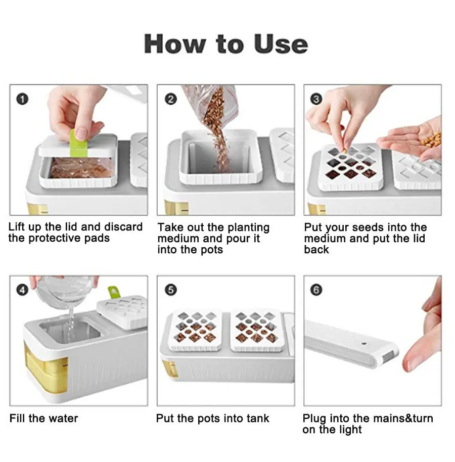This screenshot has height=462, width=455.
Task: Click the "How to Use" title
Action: click(x=226, y=44)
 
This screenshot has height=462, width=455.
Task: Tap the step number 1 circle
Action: click(x=22, y=99)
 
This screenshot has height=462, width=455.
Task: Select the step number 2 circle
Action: click(x=171, y=99)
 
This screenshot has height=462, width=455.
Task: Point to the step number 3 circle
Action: click(x=316, y=99)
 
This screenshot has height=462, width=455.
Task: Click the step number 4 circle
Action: click(x=22, y=290)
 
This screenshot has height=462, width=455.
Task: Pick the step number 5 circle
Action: click(x=171, y=290)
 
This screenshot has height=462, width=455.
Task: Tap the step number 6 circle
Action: click(x=316, y=290)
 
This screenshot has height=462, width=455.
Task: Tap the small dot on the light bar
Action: click(x=364, y=344)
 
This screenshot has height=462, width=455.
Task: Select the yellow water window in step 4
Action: click(x=45, y=369)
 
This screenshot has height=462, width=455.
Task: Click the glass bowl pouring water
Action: click(x=66, y=292)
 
